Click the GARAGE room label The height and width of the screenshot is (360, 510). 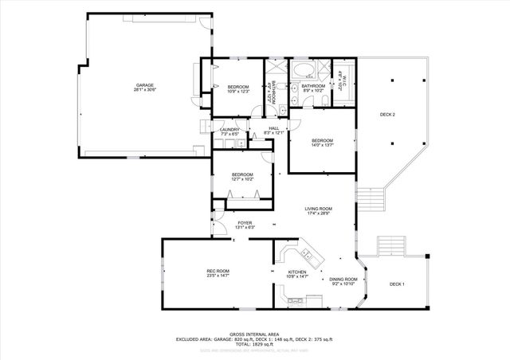click(144, 85)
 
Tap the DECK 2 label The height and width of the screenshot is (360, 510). click(387, 115)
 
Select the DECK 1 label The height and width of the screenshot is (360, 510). click(397, 284)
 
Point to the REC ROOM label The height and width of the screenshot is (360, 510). click(218, 272)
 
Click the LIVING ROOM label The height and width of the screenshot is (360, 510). click(318, 209)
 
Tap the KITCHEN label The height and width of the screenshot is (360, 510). click(296, 272)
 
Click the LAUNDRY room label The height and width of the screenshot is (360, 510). click(230, 129)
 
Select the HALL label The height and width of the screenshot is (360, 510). click(273, 128)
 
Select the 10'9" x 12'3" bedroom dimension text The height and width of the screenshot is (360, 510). click(238, 91)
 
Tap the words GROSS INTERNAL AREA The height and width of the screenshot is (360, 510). click(254, 334)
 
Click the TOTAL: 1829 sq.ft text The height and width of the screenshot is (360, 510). click(254, 345)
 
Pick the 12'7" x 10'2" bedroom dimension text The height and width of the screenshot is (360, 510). click(242, 179)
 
